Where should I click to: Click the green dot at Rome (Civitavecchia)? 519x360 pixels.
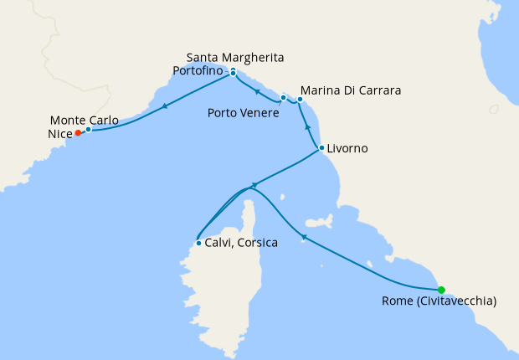pyautogui.click(x=441, y=290)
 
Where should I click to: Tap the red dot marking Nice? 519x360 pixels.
pyautogui.click(x=78, y=132)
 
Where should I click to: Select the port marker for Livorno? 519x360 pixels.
pyautogui.click(x=321, y=148)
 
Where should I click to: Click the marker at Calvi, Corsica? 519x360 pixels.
pyautogui.click(x=198, y=244)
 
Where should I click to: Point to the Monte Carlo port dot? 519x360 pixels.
pyautogui.click(x=88, y=129)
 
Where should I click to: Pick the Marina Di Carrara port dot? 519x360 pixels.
pyautogui.click(x=300, y=100)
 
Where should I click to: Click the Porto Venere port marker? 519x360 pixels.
pyautogui.click(x=284, y=98)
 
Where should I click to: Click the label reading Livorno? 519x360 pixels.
pyautogui.click(x=347, y=149)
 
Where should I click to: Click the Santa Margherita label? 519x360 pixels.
pyautogui.click(x=235, y=57)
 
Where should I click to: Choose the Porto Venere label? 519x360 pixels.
pyautogui.click(x=244, y=112)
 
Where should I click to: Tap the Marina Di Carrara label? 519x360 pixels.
pyautogui.click(x=351, y=90)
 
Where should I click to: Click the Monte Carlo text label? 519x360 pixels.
pyautogui.click(x=84, y=119)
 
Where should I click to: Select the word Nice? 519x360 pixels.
pyautogui.click(x=61, y=132)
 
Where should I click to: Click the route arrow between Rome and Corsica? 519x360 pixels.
pyautogui.click(x=305, y=239)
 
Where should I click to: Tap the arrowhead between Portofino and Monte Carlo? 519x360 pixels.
pyautogui.click(x=165, y=105)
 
